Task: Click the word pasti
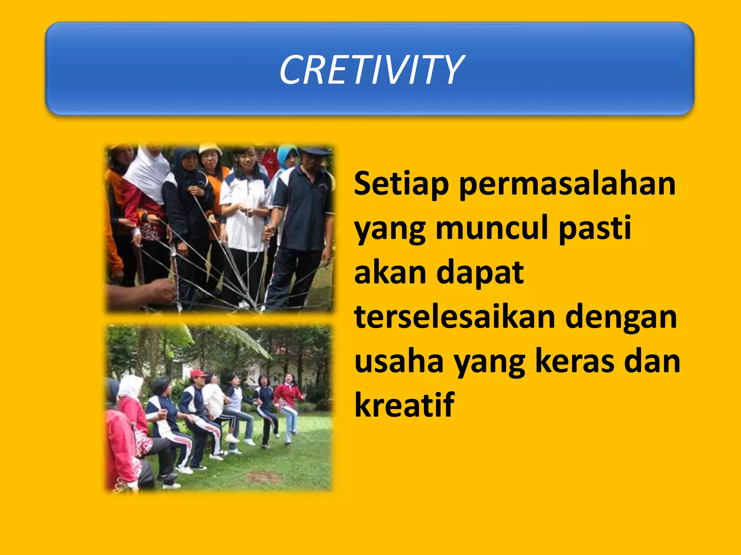tap(595, 228)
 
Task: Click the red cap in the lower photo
tap(198, 373)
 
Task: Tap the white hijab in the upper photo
tap(147, 173)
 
